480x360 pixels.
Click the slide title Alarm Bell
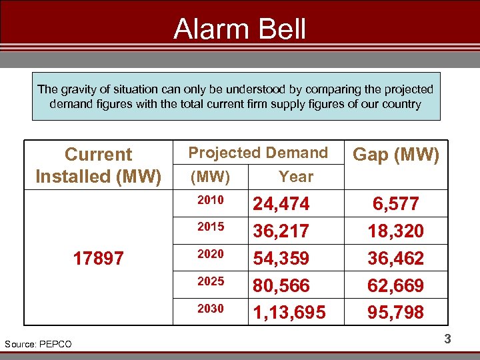point(239,30)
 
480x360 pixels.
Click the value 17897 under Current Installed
point(99,259)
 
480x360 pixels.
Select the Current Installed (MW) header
point(99,165)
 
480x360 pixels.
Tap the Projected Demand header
point(258,153)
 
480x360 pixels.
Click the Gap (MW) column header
point(395,155)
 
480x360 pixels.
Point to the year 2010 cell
point(211,200)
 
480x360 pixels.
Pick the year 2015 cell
point(211,227)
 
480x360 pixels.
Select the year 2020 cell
point(211,254)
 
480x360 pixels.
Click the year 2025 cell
point(211,281)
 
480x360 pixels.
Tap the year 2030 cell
point(211,309)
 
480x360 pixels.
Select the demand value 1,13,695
point(289,313)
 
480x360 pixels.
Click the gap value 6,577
point(395,204)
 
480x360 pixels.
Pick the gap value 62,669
point(395,286)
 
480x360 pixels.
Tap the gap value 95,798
point(395,313)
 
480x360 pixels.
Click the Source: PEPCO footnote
point(38,344)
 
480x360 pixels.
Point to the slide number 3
point(447,339)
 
